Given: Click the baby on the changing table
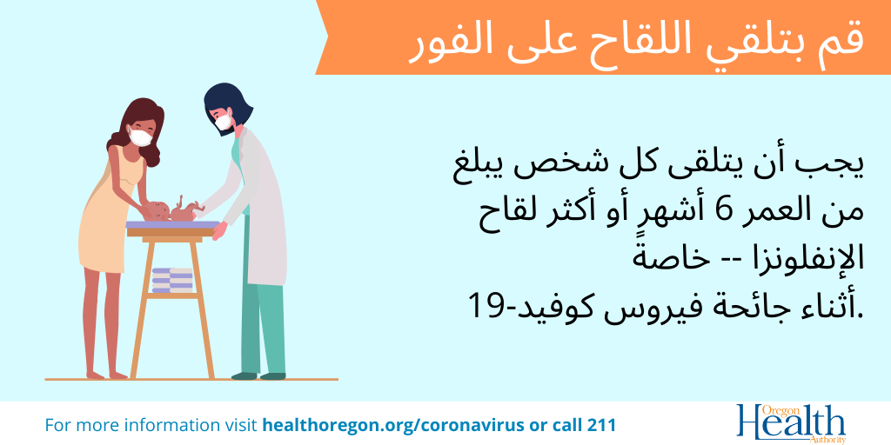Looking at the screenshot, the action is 172,210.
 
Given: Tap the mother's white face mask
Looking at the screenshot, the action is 140,136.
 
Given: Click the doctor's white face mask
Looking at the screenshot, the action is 224,120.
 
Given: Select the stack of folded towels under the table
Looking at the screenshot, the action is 173,280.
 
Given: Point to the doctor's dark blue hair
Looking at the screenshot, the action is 227,103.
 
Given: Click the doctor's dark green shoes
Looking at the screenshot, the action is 258,375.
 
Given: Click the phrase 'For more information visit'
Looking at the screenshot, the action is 151,424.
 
